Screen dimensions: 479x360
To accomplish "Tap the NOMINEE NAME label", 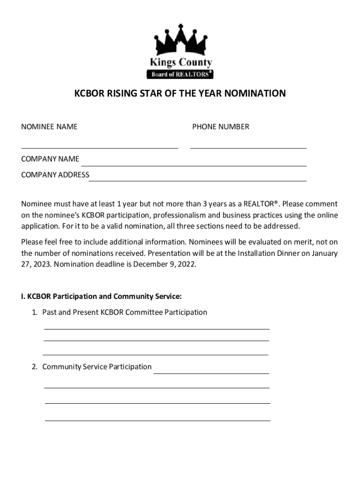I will pos(49,126).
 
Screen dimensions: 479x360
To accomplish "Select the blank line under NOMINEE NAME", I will pos(100,147).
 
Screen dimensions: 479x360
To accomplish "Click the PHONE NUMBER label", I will pos(221,126).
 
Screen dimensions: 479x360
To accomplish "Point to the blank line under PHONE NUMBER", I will pos(248,147).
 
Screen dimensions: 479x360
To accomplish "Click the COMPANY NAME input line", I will pos(194,165).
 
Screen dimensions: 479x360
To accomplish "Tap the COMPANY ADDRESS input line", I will pos(198,180).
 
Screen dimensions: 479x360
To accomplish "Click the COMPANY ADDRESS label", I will pos(55,175).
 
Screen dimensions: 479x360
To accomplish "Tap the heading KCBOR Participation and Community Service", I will pos(104,296).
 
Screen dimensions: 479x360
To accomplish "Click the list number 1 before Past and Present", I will pos(35,312).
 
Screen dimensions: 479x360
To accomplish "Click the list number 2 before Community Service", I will pos(35,367).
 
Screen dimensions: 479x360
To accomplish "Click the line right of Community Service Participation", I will pos(211,373).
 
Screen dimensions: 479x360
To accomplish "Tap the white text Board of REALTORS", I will pos(179,74).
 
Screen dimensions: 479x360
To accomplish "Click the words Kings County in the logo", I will pos(180,62).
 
